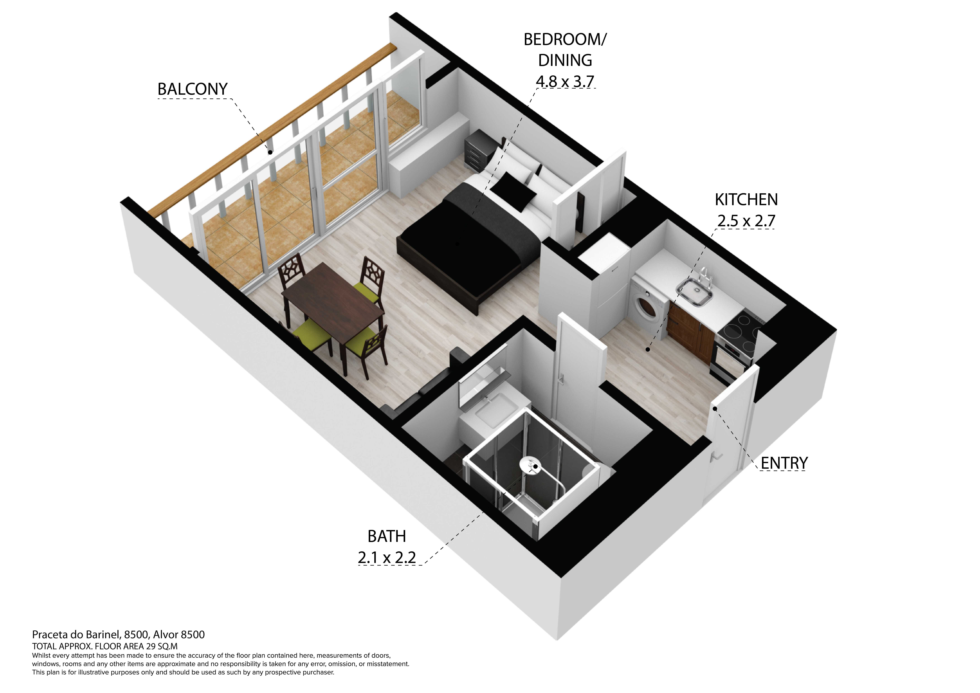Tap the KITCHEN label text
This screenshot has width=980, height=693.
746,200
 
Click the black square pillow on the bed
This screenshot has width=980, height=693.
513,191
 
